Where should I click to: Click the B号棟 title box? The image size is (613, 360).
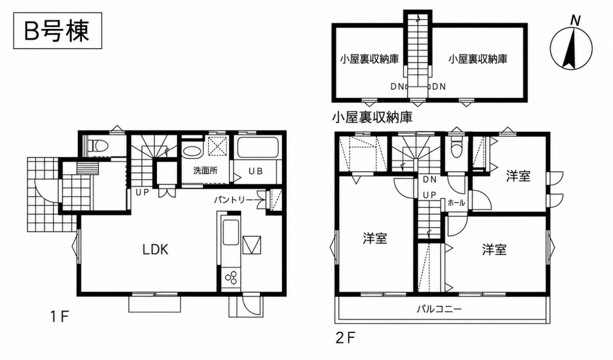click(x=58, y=31)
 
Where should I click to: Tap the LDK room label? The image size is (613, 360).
click(x=155, y=249)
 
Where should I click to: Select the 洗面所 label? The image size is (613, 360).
click(x=205, y=170)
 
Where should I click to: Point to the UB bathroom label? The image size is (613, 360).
click(x=256, y=171)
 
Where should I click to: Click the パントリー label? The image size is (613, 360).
click(x=234, y=200)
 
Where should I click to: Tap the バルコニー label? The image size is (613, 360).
click(x=439, y=309)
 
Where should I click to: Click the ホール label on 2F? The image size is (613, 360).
click(x=456, y=203)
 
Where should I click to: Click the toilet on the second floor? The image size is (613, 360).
click(x=456, y=148)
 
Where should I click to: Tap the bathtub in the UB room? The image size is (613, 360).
click(x=257, y=148)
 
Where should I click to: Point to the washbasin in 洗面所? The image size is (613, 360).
click(x=191, y=151)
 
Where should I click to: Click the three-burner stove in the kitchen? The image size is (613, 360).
click(x=230, y=277)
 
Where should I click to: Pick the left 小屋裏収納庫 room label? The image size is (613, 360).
click(x=369, y=59)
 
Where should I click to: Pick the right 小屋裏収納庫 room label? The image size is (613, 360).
click(x=478, y=59)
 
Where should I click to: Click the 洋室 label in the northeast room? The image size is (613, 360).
click(x=518, y=176)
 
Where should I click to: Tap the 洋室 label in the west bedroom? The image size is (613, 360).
click(x=375, y=238)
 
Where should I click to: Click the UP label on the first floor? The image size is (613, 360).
click(x=143, y=192)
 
